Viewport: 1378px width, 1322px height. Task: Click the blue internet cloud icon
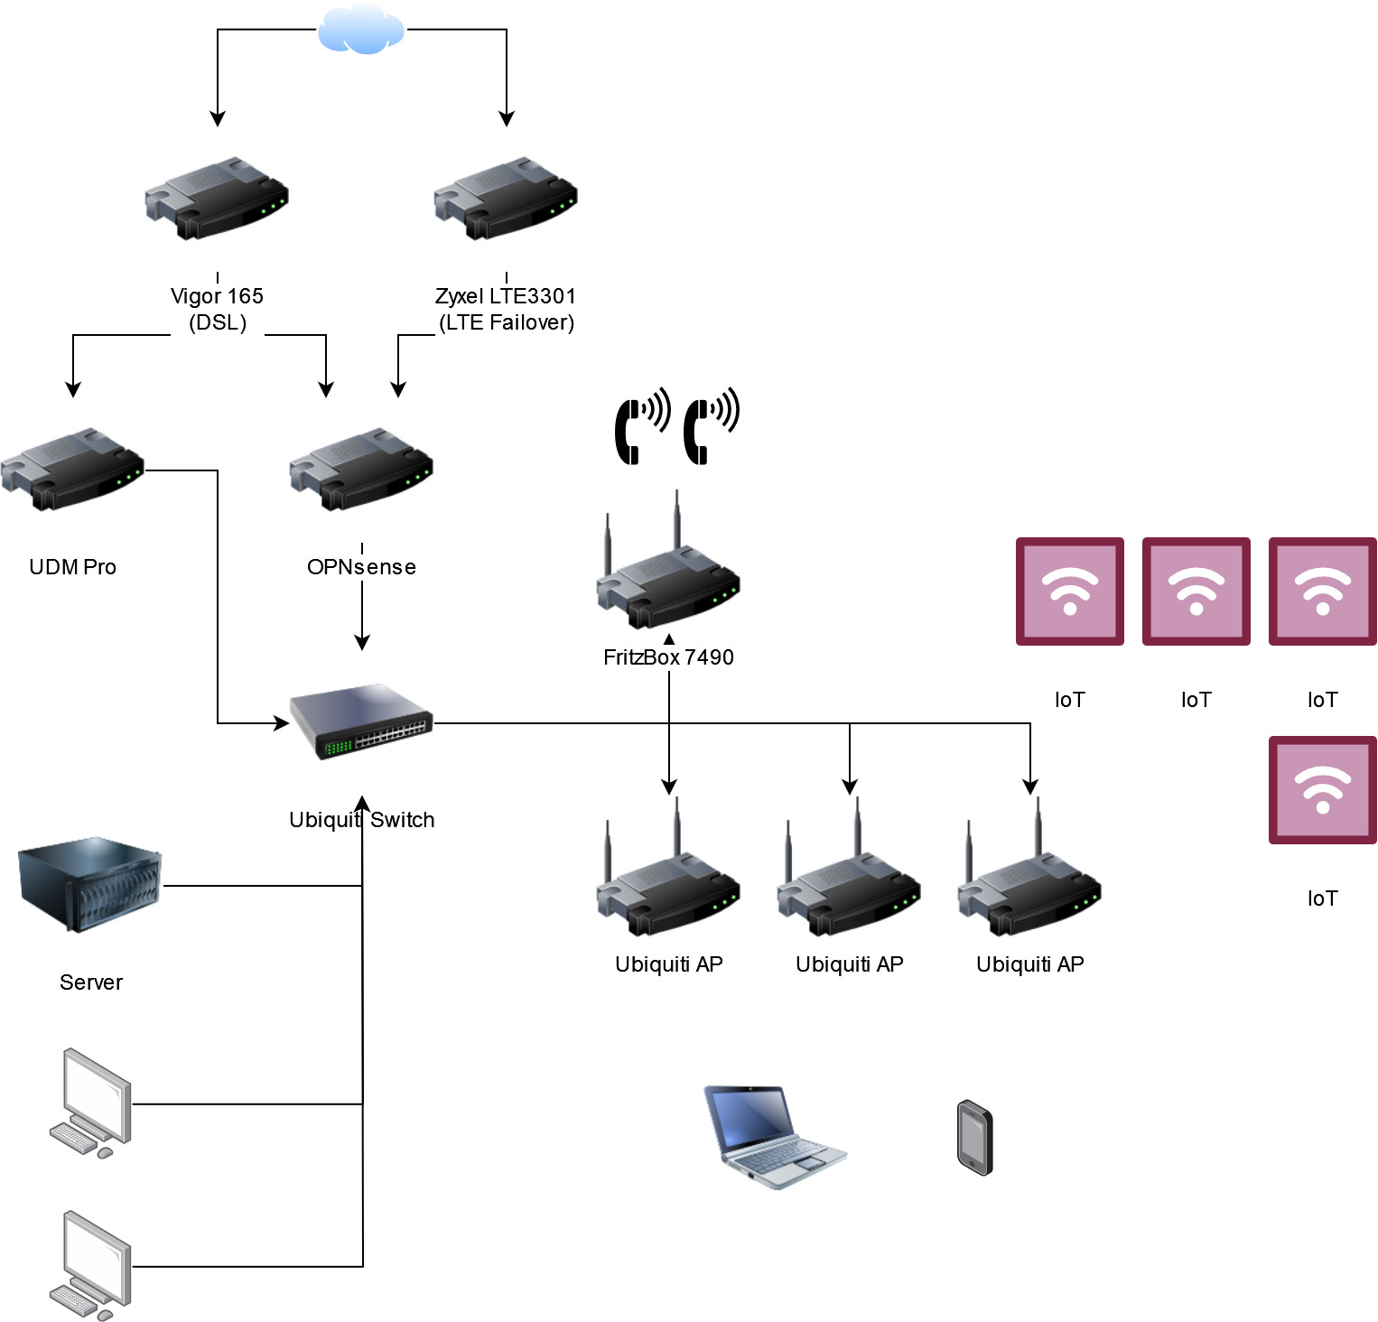361,30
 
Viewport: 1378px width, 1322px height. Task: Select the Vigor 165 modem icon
217,199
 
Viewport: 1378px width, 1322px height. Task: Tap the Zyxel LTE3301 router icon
506,199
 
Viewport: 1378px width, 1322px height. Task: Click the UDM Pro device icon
72,470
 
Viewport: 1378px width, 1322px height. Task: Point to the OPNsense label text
361,567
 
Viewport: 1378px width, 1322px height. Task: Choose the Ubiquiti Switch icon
361,722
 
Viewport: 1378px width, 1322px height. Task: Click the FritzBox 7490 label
668,657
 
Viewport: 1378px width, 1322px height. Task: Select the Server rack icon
89,885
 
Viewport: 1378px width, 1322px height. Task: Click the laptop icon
774,1137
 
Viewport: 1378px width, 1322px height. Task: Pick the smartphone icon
975,1138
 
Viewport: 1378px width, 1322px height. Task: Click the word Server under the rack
90,982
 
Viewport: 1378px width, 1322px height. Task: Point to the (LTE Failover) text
507,322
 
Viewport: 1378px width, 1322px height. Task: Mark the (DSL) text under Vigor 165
218,322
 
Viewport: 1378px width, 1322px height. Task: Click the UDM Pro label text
72,567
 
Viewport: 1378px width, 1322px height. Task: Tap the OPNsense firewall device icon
361,470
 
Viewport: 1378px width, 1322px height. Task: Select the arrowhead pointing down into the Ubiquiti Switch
362,643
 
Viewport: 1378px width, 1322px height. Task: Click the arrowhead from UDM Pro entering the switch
282,723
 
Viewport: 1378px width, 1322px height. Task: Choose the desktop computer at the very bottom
90,1264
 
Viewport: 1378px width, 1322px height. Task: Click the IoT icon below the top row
1322,790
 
